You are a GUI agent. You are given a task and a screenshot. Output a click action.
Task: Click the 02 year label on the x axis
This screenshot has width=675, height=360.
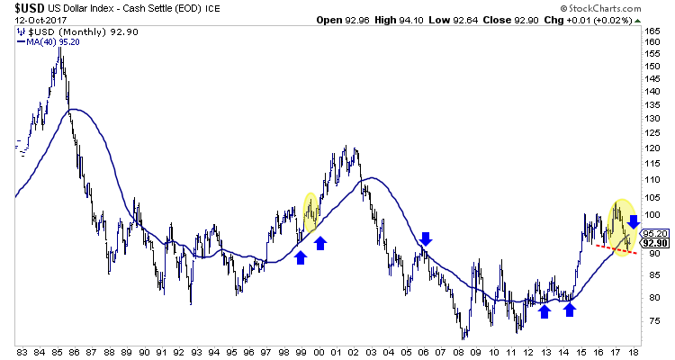tap(356, 352)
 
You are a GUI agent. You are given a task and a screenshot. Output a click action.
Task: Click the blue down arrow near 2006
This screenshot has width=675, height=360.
tap(427, 238)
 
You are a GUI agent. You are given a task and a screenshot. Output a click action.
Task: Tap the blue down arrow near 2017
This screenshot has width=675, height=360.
tap(634, 221)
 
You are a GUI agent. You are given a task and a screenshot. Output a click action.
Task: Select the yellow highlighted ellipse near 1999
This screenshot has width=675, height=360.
tap(310, 212)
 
